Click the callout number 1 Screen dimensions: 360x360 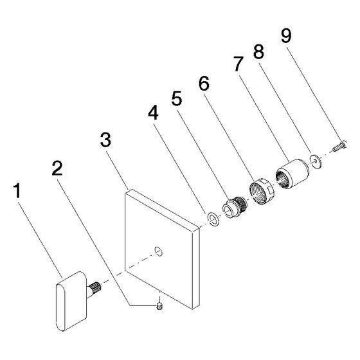[x=17, y=191]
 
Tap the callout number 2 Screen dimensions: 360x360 [x=57, y=168]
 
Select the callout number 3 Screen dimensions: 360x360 [x=105, y=140]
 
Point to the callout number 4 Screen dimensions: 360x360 [x=153, y=113]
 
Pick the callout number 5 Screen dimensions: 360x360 [x=177, y=99]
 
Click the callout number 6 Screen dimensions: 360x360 [x=204, y=83]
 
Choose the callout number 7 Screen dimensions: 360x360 [x=239, y=64]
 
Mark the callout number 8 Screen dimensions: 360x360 [x=258, y=51]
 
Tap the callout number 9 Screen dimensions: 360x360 [x=286, y=35]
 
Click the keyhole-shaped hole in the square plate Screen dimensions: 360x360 [x=158, y=251]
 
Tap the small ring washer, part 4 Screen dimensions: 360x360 [x=213, y=218]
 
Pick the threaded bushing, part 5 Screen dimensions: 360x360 [x=235, y=207]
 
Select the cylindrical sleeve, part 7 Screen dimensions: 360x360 [x=292, y=174]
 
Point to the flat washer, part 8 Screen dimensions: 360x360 [x=316, y=161]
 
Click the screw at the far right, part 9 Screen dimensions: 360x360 [x=339, y=146]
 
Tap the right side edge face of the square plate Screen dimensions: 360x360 [x=195, y=268]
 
